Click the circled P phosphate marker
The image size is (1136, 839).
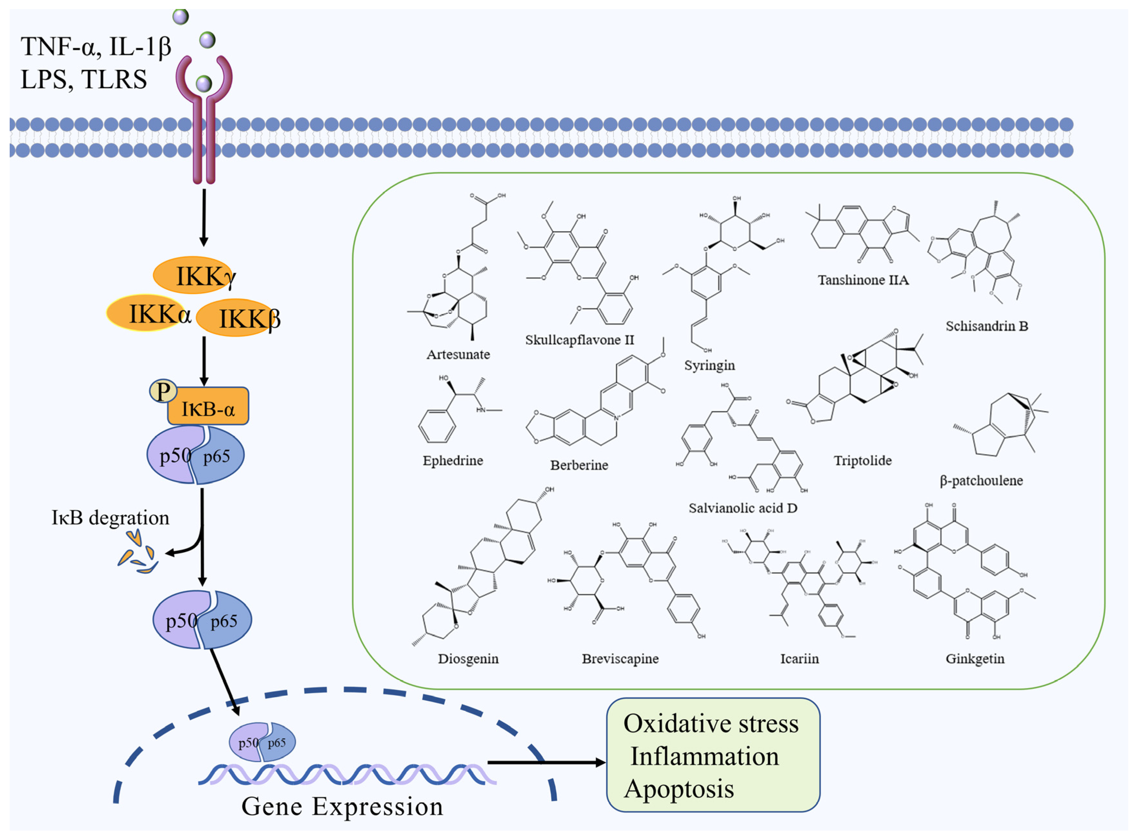pyautogui.click(x=163, y=392)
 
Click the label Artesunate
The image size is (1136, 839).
pyautogui.click(x=458, y=354)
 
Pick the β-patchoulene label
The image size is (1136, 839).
pyautogui.click(x=981, y=480)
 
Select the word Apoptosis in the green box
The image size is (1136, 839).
pyautogui.click(x=679, y=789)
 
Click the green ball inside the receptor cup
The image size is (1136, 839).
pyautogui.click(x=204, y=83)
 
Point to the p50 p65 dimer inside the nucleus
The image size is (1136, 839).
pyautogui.click(x=262, y=742)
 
